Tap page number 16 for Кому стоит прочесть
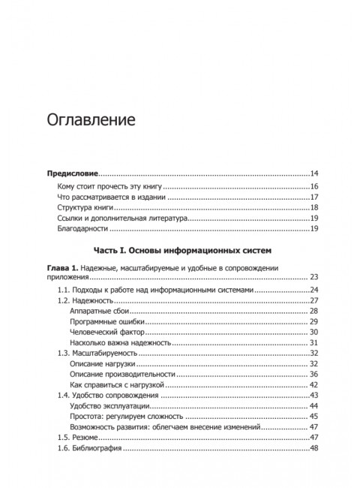316,186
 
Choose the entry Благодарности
83,228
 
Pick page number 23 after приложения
315,277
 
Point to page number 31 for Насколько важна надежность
315,342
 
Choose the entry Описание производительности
121,374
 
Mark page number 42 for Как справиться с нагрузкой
315,384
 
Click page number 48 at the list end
315,449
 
